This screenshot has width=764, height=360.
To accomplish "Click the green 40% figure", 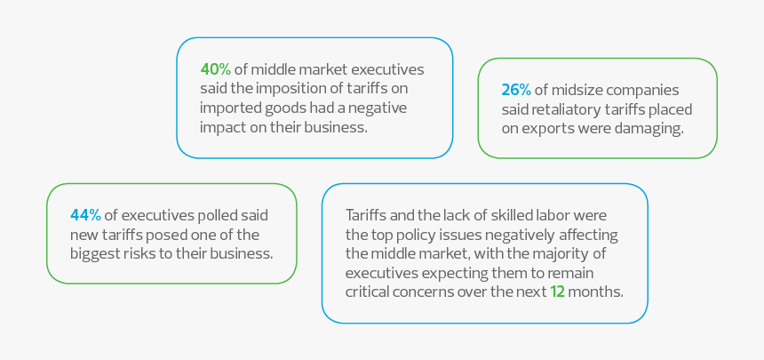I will (x=215, y=69).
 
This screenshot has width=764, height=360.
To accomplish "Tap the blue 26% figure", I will (x=516, y=90).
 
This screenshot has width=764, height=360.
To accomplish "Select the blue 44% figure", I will (x=85, y=215).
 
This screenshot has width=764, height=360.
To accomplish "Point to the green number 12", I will (x=558, y=292).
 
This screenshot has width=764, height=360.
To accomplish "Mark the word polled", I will (x=213, y=215).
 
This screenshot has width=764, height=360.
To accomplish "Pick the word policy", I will (x=422, y=234).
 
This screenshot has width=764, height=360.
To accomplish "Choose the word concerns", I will (x=428, y=292).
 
